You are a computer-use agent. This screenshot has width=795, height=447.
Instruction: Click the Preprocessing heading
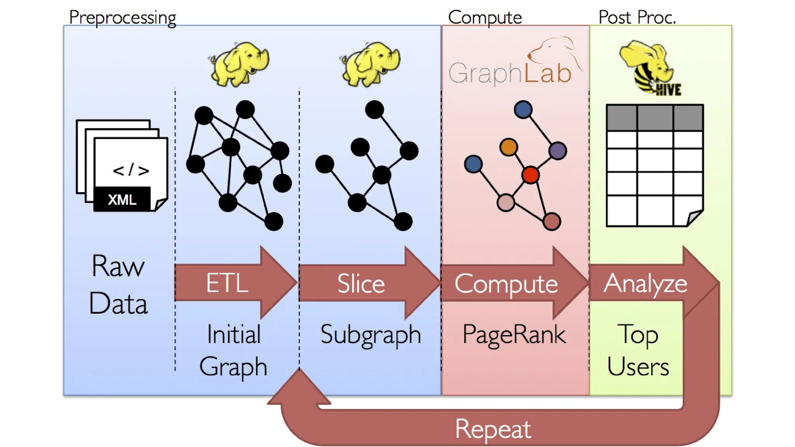pyautogui.click(x=122, y=17)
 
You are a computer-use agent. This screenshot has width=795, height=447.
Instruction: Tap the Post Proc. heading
pyautogui.click(x=637, y=17)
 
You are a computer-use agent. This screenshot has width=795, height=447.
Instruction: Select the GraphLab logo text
pyautogui.click(x=510, y=73)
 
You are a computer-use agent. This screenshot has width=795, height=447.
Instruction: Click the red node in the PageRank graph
pyautogui.click(x=530, y=175)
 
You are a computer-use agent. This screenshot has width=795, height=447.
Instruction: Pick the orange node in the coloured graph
pyautogui.click(x=509, y=147)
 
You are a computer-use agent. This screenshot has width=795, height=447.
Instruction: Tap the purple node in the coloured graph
pyautogui.click(x=558, y=151)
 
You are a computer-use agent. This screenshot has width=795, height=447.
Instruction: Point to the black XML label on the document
pyautogui.click(x=122, y=199)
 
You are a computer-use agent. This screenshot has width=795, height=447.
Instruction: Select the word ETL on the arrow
pyautogui.click(x=227, y=283)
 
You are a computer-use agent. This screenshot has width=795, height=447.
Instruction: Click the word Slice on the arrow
pyautogui.click(x=361, y=284)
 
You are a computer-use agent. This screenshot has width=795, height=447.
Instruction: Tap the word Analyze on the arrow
pyautogui.click(x=645, y=284)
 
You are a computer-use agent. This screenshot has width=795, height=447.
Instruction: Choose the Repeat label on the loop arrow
pyautogui.click(x=493, y=429)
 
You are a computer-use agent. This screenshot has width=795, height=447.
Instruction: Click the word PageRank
pyautogui.click(x=514, y=334)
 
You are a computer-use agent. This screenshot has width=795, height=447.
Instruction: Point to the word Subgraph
pyautogui.click(x=370, y=334)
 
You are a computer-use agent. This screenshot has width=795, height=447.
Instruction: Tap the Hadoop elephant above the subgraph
pyautogui.click(x=371, y=64)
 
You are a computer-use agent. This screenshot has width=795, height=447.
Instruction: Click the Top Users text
pyautogui.click(x=638, y=350)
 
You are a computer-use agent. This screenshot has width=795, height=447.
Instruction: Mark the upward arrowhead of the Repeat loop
pyautogui.click(x=299, y=388)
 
